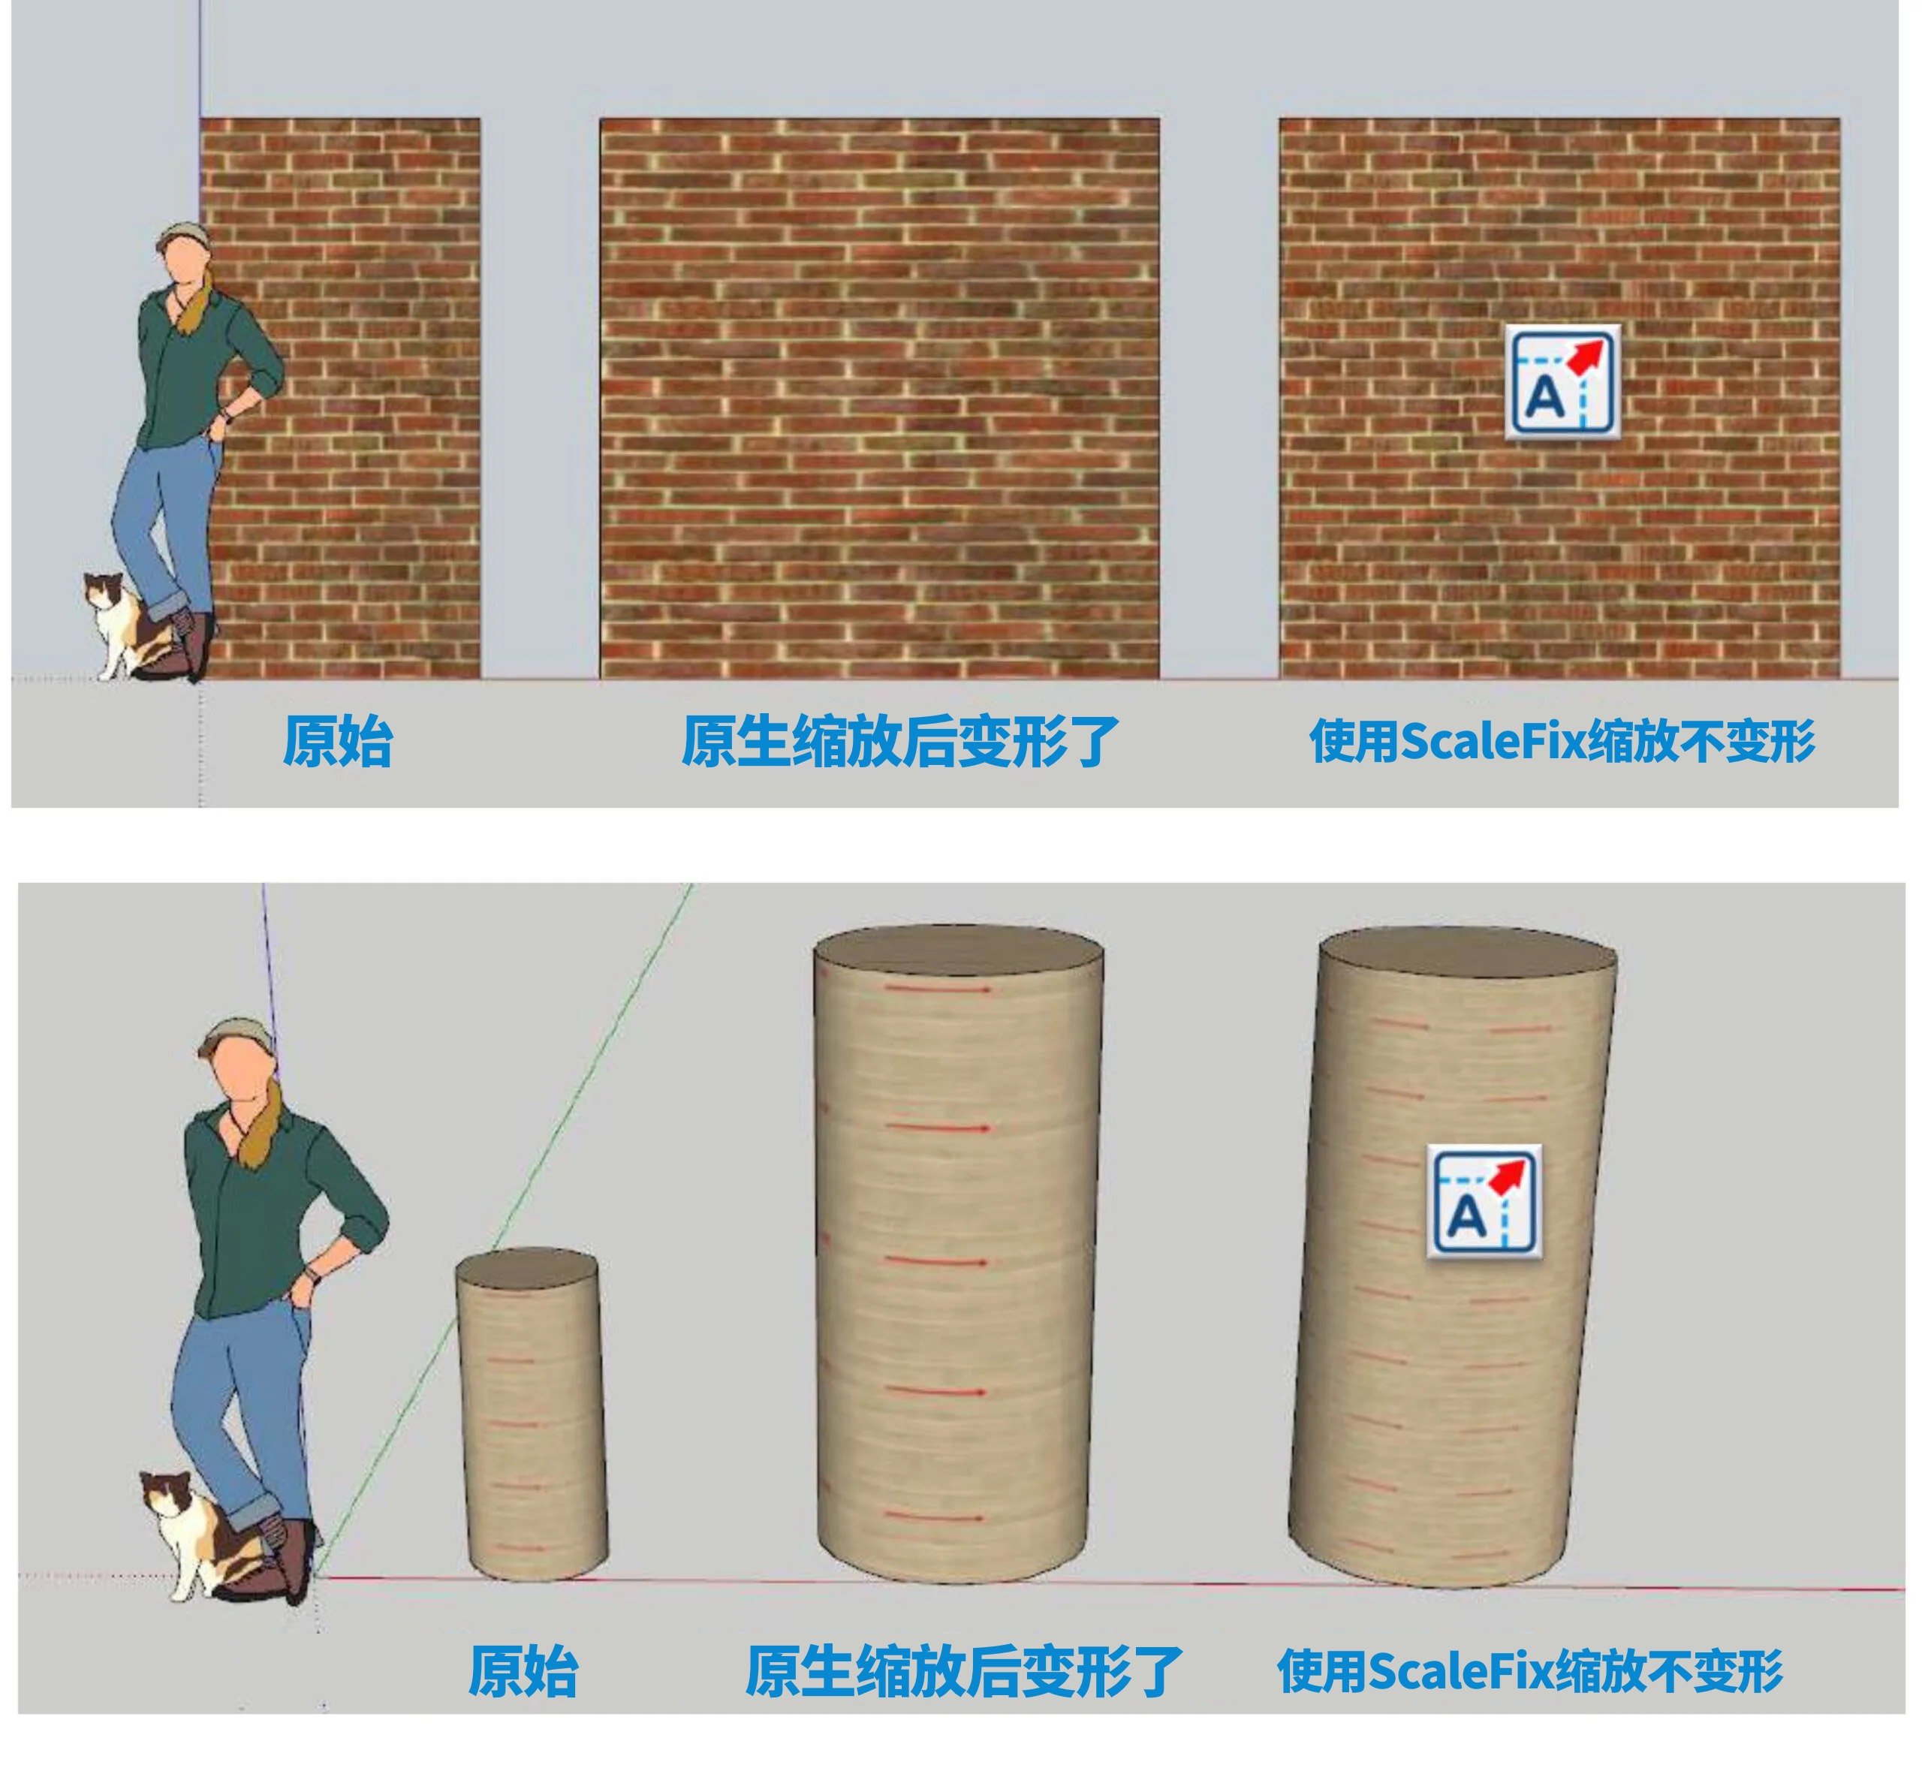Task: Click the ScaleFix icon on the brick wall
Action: pyautogui.click(x=1562, y=381)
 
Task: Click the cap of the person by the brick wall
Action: pyautogui.click(x=182, y=233)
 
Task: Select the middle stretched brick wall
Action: pyautogui.click(x=880, y=398)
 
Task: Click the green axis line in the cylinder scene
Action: pyautogui.click(x=505, y=1230)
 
